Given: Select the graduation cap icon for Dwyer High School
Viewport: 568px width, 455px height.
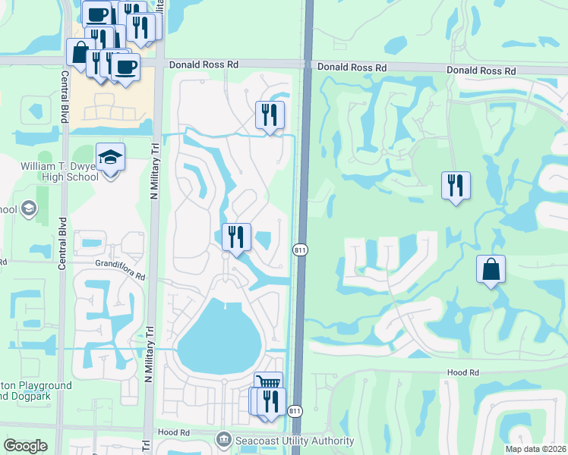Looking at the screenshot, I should pyautogui.click(x=111, y=157).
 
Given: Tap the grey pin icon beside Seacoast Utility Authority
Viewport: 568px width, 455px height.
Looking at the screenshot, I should pyautogui.click(x=223, y=440).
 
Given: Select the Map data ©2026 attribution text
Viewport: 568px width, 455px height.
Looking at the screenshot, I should pyautogui.click(x=525, y=448).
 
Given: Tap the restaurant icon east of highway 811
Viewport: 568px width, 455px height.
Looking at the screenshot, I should pyautogui.click(x=456, y=185).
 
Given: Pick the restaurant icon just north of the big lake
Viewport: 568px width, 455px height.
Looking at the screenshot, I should pyautogui.click(x=236, y=237).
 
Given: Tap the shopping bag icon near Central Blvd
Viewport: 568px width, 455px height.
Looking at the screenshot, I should pyautogui.click(x=80, y=53).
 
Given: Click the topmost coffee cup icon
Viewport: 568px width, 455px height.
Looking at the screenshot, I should pyautogui.click(x=97, y=14).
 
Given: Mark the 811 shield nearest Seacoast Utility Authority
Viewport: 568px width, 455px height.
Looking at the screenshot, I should pyautogui.click(x=295, y=411).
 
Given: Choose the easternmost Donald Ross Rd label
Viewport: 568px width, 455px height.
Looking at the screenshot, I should pyautogui.click(x=481, y=71).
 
